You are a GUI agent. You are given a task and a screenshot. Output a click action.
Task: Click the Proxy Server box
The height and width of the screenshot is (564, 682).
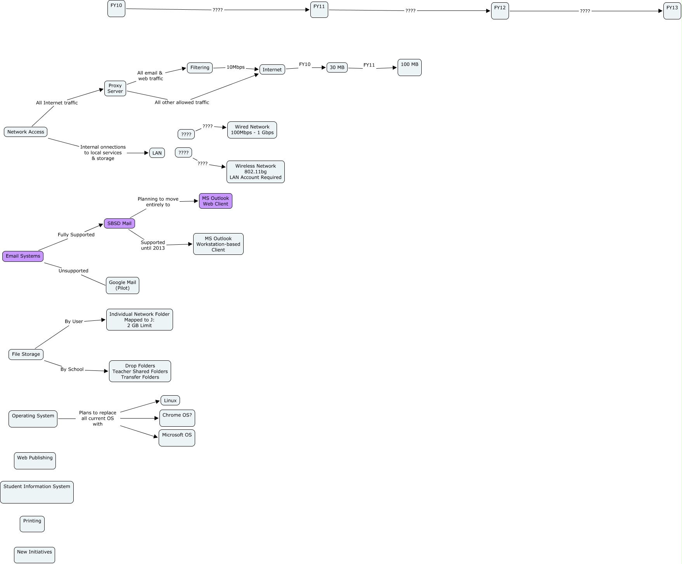[x=115, y=88]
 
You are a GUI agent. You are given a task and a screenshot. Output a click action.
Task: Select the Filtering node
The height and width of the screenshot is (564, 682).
[x=200, y=67]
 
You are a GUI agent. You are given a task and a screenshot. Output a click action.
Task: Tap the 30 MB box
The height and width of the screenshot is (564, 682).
[x=337, y=67]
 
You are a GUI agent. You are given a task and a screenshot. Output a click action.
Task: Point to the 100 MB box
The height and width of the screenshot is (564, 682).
[x=409, y=67]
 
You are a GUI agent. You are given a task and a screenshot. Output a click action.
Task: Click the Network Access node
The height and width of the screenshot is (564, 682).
[x=26, y=132]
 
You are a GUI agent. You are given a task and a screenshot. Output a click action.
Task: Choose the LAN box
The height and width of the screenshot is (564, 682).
[x=157, y=153]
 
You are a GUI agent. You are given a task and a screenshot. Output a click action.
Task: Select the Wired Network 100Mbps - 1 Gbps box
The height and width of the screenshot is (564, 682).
[x=252, y=130]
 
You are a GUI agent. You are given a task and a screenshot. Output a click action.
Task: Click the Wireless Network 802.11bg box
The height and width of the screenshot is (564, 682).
[x=256, y=172]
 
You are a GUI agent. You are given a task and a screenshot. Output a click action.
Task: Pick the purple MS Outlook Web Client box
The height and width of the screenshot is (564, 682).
[x=216, y=201]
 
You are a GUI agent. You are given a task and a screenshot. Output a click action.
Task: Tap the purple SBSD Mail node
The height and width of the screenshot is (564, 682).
[x=119, y=223]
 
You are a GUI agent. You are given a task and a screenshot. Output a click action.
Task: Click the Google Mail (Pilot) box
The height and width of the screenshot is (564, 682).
[x=123, y=285]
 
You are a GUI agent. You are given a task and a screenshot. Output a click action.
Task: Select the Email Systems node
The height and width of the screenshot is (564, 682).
[x=23, y=256]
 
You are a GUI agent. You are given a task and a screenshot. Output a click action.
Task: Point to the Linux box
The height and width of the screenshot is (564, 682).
[x=170, y=400]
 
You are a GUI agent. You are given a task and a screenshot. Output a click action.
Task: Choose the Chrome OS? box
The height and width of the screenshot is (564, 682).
[x=177, y=418]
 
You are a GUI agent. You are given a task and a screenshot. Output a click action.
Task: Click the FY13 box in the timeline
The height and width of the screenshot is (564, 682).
[x=672, y=11]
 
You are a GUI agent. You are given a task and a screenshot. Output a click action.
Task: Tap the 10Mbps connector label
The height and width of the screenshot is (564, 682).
[x=235, y=67]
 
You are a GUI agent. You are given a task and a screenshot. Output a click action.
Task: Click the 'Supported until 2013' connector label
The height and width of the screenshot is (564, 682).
[x=153, y=245]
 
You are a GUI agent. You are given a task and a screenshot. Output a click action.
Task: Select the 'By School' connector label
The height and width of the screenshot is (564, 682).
[x=72, y=369]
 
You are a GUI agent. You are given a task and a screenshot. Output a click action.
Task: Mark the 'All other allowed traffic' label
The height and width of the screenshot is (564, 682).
[x=182, y=102]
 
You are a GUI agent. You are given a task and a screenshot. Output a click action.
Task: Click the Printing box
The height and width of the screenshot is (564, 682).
[x=32, y=524]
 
